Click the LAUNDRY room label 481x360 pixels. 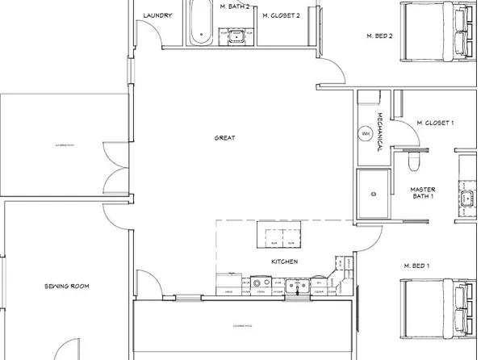pos(157,15)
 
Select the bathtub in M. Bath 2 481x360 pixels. pos(200,25)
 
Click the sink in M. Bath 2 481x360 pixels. pos(237,35)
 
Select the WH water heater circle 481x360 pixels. pos(366,133)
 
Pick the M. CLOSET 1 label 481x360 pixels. pos(435,123)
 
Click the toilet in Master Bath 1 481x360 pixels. pos(414,163)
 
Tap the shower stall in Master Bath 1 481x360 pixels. pos(372,195)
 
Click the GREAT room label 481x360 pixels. pos(224,138)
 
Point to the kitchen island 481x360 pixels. pos(280,237)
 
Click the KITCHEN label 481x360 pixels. pos(285,262)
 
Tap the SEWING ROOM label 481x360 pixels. pos(66,286)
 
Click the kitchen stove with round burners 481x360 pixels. pos(261,283)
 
